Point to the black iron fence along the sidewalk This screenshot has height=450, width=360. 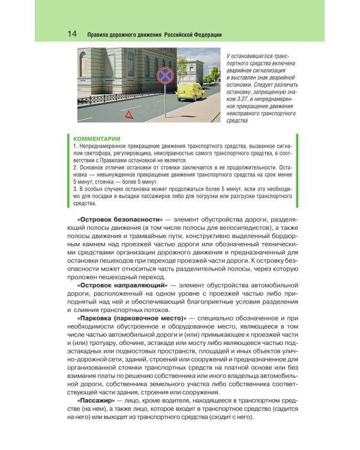[x=108, y=98]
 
